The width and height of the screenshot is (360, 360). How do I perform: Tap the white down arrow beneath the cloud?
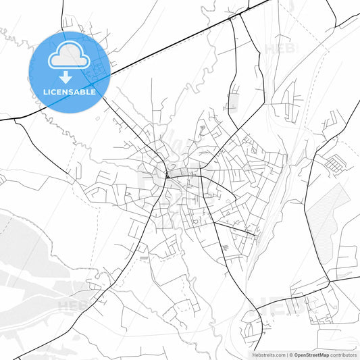click(70, 77)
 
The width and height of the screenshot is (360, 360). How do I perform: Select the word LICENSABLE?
click(70, 92)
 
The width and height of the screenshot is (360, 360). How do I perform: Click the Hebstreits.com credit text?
click(268, 354)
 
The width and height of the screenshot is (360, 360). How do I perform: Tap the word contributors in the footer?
click(344, 354)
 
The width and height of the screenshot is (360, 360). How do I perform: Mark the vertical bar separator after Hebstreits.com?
click(286, 354)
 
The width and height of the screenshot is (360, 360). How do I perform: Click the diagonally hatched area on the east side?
click(328, 216)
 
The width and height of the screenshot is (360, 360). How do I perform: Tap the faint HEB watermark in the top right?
click(279, 49)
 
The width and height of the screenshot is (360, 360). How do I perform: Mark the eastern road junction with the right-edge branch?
click(329, 276)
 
